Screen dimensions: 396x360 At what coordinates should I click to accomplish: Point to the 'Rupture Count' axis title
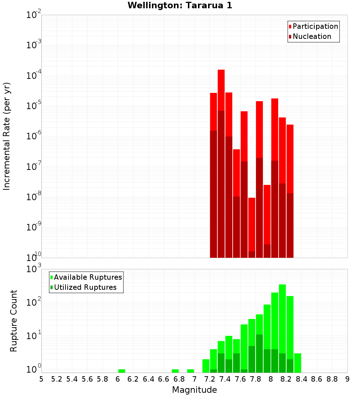(x=14, y=320)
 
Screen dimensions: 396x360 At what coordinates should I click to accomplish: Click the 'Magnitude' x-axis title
(x=194, y=390)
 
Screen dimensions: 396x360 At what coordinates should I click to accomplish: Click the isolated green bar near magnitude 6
(x=122, y=371)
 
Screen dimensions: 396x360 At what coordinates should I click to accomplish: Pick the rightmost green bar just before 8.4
(x=298, y=363)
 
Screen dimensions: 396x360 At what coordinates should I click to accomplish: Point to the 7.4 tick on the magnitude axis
(x=225, y=379)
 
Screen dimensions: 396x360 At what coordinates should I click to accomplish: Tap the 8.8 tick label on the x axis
(x=332, y=379)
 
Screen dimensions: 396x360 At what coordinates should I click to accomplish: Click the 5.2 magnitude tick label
(x=57, y=379)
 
